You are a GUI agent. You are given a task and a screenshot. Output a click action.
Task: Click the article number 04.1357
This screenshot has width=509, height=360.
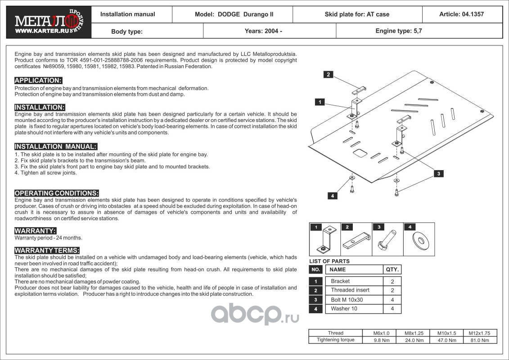[x=461, y=14]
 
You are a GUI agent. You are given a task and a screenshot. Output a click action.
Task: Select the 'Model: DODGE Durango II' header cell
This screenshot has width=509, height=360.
[x=234, y=14]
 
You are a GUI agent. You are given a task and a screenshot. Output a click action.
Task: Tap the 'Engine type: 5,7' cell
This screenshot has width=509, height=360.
[x=399, y=31]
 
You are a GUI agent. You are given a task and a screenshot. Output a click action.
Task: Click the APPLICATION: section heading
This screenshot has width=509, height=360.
[x=38, y=81]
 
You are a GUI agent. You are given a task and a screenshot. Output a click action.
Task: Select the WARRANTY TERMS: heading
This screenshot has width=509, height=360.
[x=47, y=250]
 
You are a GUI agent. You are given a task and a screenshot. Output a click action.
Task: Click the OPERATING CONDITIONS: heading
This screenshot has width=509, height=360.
[x=57, y=193]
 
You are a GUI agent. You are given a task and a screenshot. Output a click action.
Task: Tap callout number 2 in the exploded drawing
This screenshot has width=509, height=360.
[x=329, y=75]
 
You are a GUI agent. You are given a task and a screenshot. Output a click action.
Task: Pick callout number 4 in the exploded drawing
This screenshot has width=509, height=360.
[x=332, y=196]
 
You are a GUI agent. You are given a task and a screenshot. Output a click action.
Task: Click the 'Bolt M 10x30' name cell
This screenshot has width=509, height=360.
[x=347, y=300]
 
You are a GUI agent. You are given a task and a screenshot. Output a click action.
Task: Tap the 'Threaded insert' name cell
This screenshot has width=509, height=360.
[x=350, y=290]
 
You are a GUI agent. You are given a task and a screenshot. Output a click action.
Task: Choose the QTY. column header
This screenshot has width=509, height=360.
[x=392, y=270]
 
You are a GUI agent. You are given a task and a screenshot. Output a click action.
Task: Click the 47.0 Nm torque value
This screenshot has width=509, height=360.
[x=446, y=340]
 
